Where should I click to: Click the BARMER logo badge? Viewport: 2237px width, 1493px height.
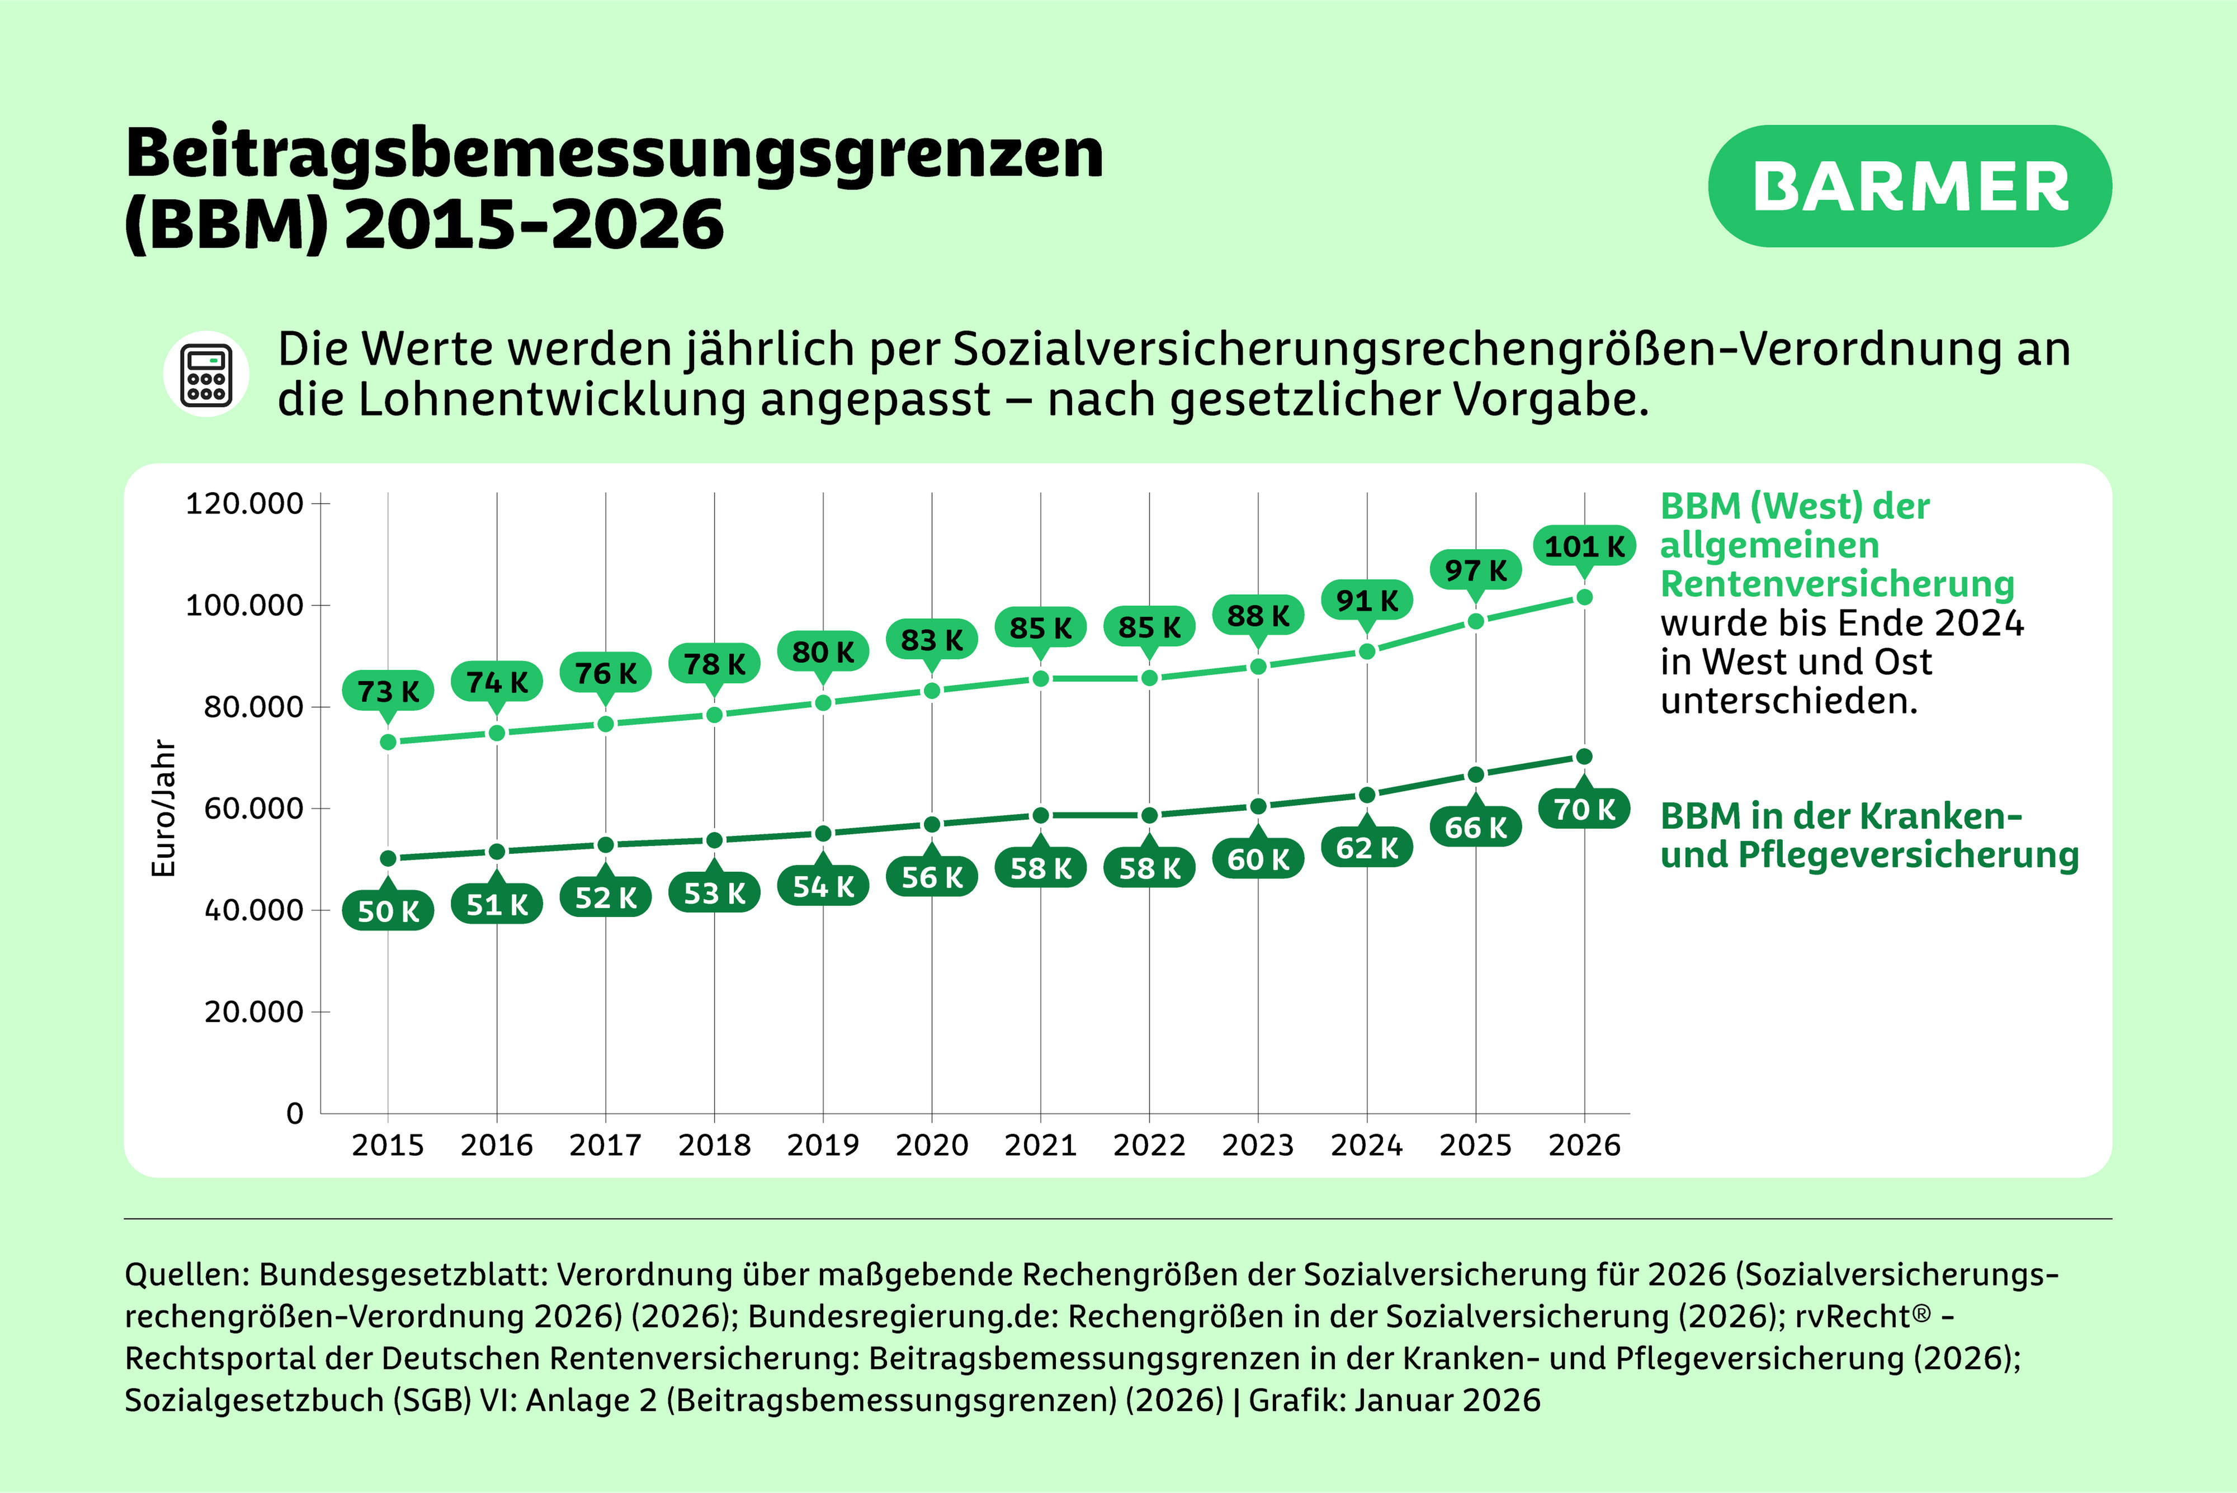(x=1909, y=187)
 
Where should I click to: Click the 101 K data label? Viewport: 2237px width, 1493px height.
(x=1584, y=546)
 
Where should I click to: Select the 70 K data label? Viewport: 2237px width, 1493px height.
(x=1584, y=809)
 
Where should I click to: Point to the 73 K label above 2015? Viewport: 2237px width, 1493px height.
(x=388, y=691)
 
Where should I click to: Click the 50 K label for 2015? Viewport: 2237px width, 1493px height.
(x=388, y=911)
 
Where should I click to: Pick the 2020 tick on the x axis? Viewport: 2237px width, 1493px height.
(x=931, y=1145)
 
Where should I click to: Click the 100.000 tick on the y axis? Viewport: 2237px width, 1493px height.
(x=244, y=606)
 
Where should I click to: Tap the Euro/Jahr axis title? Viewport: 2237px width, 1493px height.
(x=164, y=809)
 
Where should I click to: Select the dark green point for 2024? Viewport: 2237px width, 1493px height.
(x=1367, y=794)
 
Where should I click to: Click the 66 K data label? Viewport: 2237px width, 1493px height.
(x=1475, y=828)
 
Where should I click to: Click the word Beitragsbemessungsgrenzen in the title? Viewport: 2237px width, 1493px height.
(x=614, y=154)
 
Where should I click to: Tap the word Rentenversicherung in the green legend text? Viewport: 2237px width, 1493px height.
(x=1837, y=584)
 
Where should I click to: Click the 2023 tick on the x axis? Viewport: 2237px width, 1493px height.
(x=1258, y=1145)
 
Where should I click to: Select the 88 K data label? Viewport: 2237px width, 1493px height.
(x=1258, y=616)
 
